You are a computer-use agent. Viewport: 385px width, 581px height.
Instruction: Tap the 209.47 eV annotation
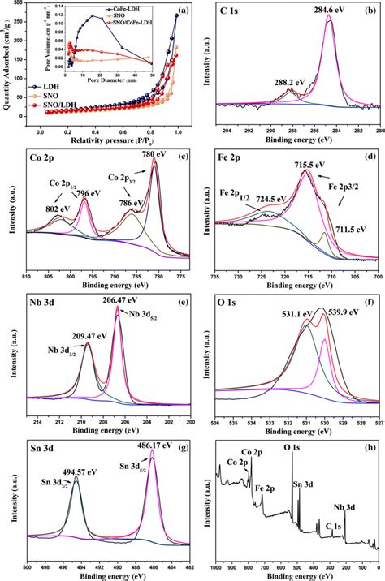coord(67,333)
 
